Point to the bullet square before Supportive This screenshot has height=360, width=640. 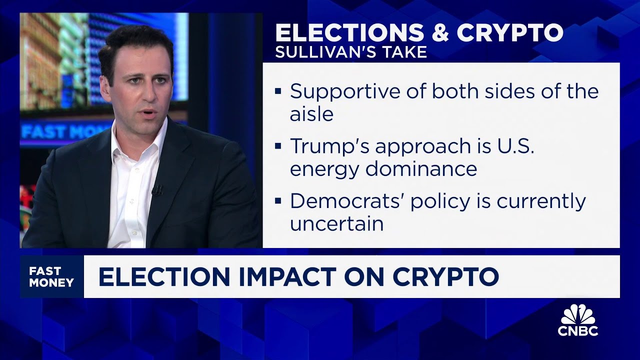[278, 91]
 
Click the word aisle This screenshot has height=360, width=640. [311, 114]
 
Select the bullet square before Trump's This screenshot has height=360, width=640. [278, 146]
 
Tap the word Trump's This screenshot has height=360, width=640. [329, 146]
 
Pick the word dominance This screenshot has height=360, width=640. [421, 168]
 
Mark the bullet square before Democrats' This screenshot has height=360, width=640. [278, 201]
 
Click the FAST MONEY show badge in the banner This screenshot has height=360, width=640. [51, 276]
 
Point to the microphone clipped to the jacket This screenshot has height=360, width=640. [157, 190]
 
